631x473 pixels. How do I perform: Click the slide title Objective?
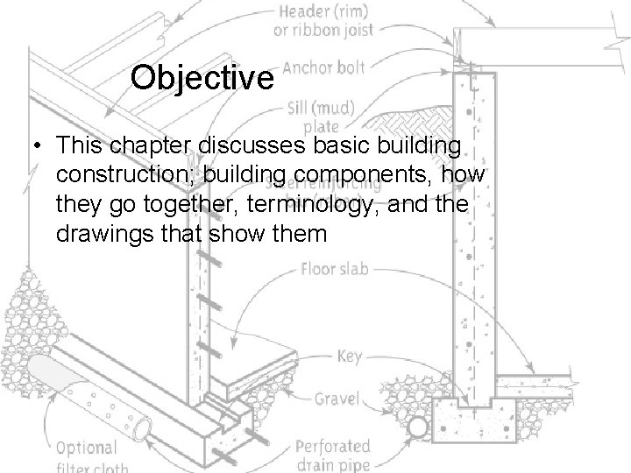click(x=202, y=79)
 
